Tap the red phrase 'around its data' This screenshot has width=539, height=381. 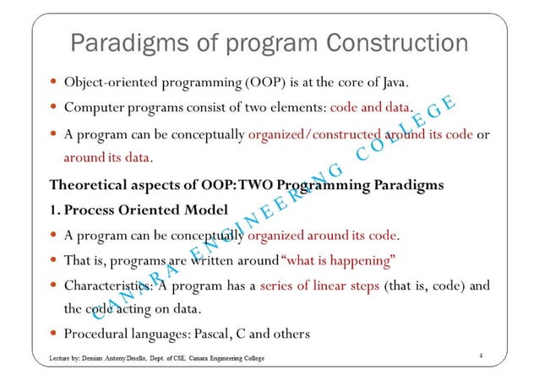pyautogui.click(x=107, y=158)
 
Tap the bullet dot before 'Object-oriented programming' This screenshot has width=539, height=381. pyautogui.click(x=53, y=83)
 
